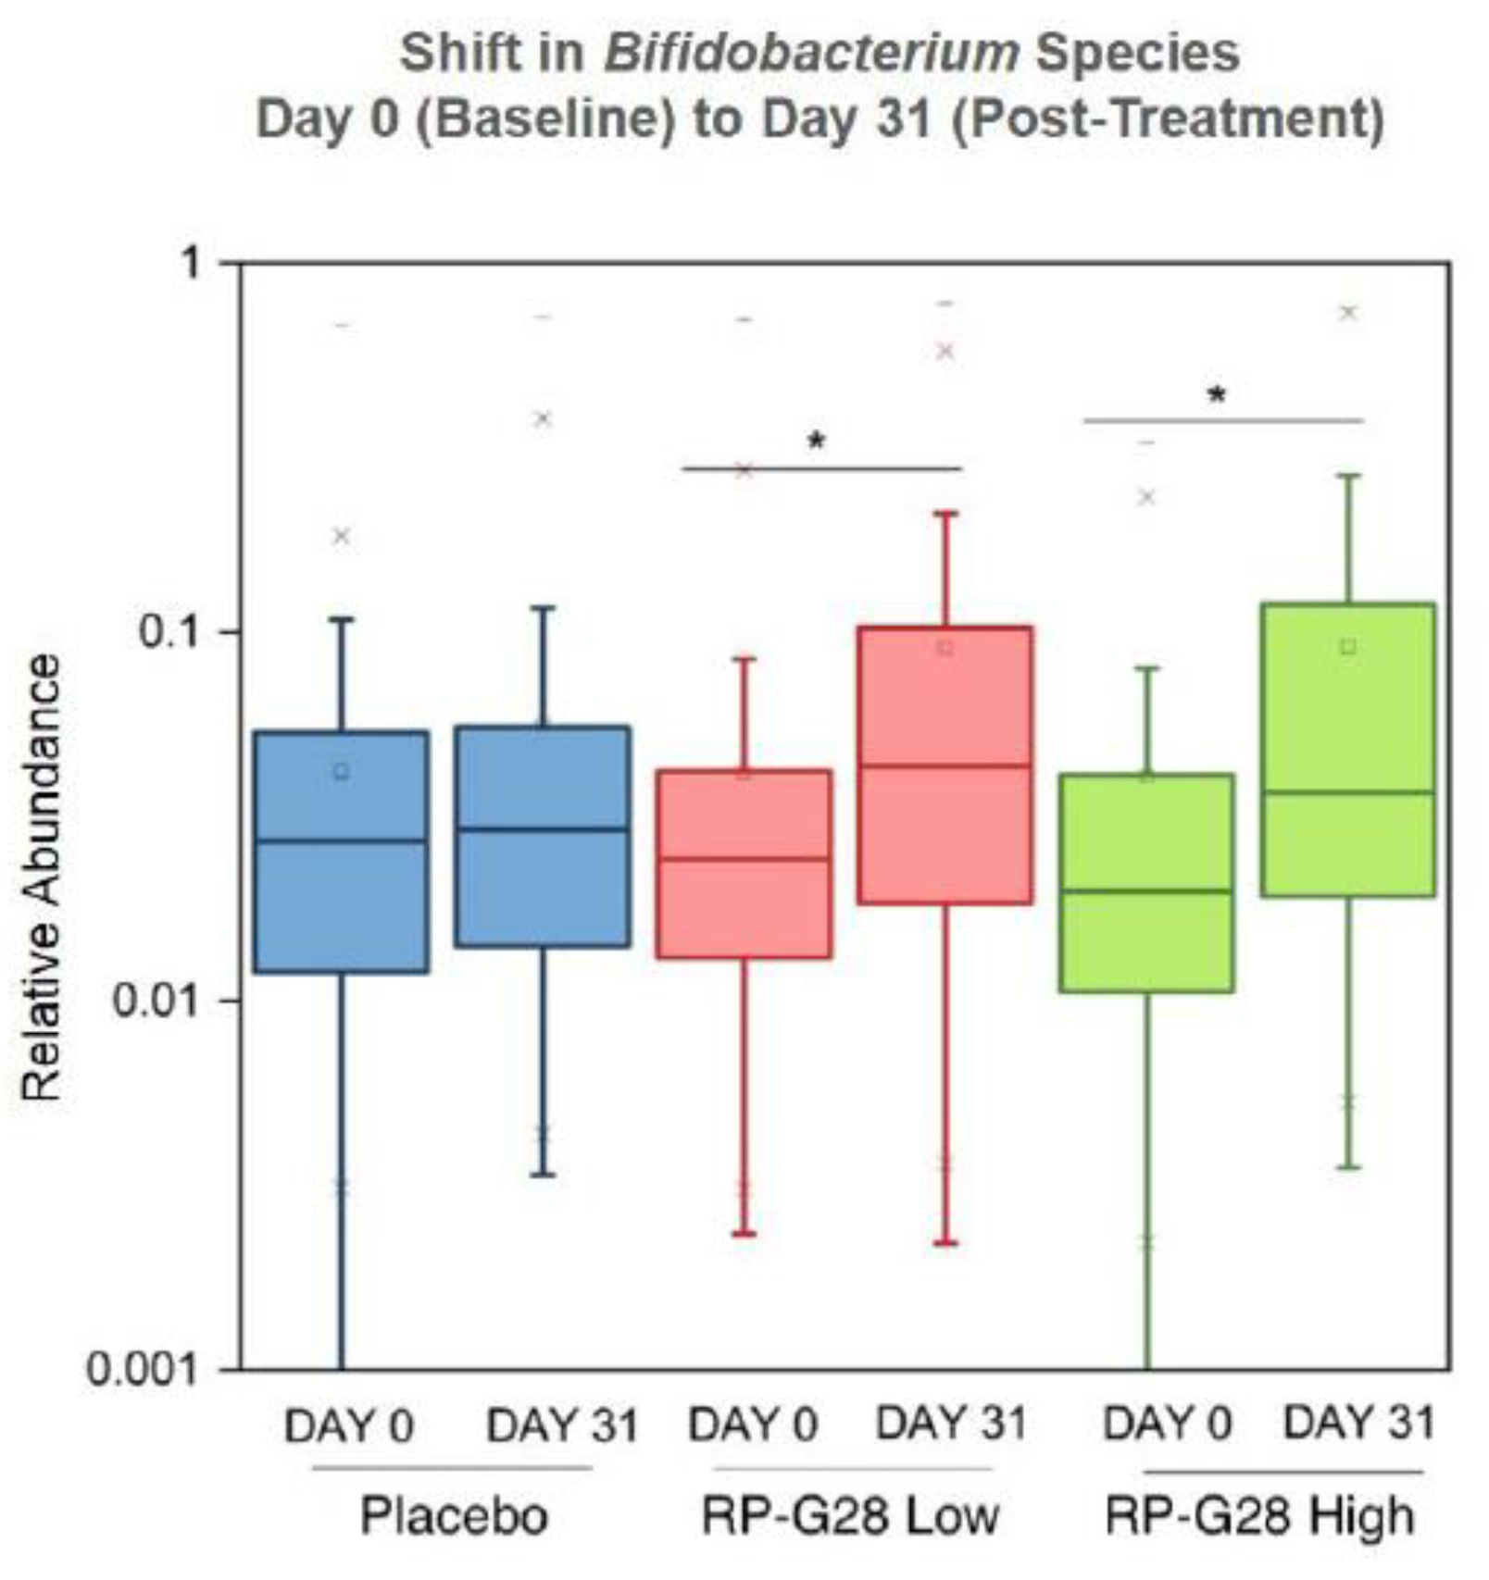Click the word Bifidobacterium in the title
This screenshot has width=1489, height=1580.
pyautogui.click(x=810, y=53)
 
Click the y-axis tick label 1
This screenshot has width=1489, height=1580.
pyautogui.click(x=191, y=264)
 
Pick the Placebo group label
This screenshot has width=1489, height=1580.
pyautogui.click(x=454, y=1516)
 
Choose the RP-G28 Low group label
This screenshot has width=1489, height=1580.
pyautogui.click(x=850, y=1516)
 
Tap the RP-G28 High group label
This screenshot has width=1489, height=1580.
pyautogui.click(x=1260, y=1516)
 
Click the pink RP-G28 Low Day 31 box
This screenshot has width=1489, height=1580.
pyautogui.click(x=945, y=833)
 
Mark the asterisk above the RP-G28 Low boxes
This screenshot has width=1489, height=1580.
pyautogui.click(x=816, y=440)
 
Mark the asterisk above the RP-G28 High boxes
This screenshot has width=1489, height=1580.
pyautogui.click(x=1217, y=395)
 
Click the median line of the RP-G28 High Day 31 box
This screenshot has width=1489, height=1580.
pyautogui.click(x=1347, y=792)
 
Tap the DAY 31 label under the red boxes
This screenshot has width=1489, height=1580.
pyautogui.click(x=951, y=1423)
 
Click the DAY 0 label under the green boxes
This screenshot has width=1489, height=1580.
pyautogui.click(x=1167, y=1423)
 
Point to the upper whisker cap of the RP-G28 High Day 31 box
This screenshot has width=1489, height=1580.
pyautogui.click(x=1348, y=476)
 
